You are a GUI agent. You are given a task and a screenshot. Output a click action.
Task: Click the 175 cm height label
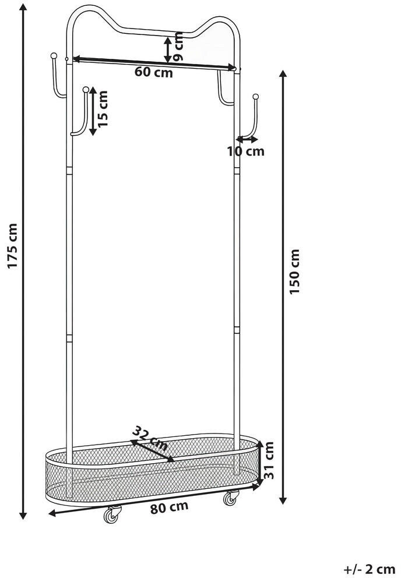click(13, 246)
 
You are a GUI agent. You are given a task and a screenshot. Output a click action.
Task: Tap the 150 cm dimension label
click(294, 272)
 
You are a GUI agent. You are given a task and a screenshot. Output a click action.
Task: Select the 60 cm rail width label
click(153, 72)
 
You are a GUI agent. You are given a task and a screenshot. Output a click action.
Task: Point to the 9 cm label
click(178, 47)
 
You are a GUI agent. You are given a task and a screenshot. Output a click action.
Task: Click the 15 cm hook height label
click(103, 109)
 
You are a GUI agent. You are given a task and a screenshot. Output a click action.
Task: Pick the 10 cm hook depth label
click(246, 151)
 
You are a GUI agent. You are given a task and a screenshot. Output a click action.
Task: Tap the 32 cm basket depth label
click(150, 438)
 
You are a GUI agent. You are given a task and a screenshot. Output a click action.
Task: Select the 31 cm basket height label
click(269, 460)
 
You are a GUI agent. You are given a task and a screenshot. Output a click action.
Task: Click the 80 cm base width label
click(169, 507)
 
